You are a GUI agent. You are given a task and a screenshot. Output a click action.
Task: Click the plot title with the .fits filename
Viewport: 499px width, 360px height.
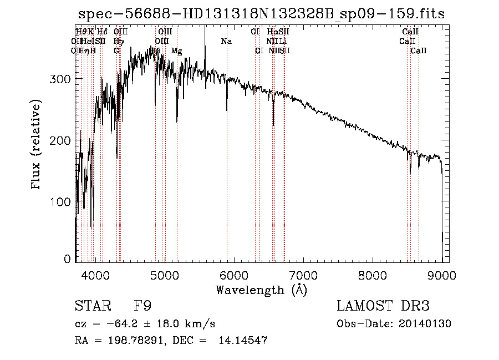261,14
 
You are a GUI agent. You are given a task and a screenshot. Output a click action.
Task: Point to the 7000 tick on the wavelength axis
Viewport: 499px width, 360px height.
303,273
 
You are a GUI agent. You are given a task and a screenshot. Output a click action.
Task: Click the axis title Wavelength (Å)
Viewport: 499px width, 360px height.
261,290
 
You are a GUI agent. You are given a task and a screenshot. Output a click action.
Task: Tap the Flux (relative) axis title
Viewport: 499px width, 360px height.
37,145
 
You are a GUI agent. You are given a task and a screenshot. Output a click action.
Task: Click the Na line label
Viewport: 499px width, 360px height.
226,42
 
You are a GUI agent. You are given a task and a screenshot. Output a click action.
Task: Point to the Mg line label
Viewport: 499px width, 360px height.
176,51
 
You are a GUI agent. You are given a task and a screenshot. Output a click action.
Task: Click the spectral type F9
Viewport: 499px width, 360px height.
143,306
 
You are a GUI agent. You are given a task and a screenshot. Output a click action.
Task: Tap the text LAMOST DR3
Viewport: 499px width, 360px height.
383,306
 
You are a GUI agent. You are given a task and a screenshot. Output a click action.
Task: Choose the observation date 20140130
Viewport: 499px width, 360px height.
427,324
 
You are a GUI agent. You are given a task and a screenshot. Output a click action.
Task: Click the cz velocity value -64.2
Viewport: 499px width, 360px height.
123,324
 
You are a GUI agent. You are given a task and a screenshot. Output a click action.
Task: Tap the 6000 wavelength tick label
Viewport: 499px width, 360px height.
234,273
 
